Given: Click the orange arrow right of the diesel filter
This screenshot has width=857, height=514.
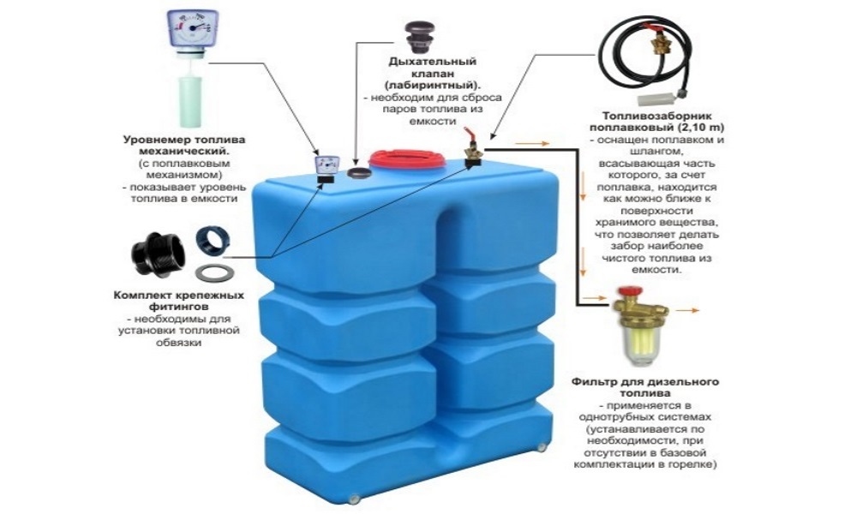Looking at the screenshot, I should [688, 310].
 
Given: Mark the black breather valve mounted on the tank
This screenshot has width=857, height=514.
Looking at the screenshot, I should [359, 173].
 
